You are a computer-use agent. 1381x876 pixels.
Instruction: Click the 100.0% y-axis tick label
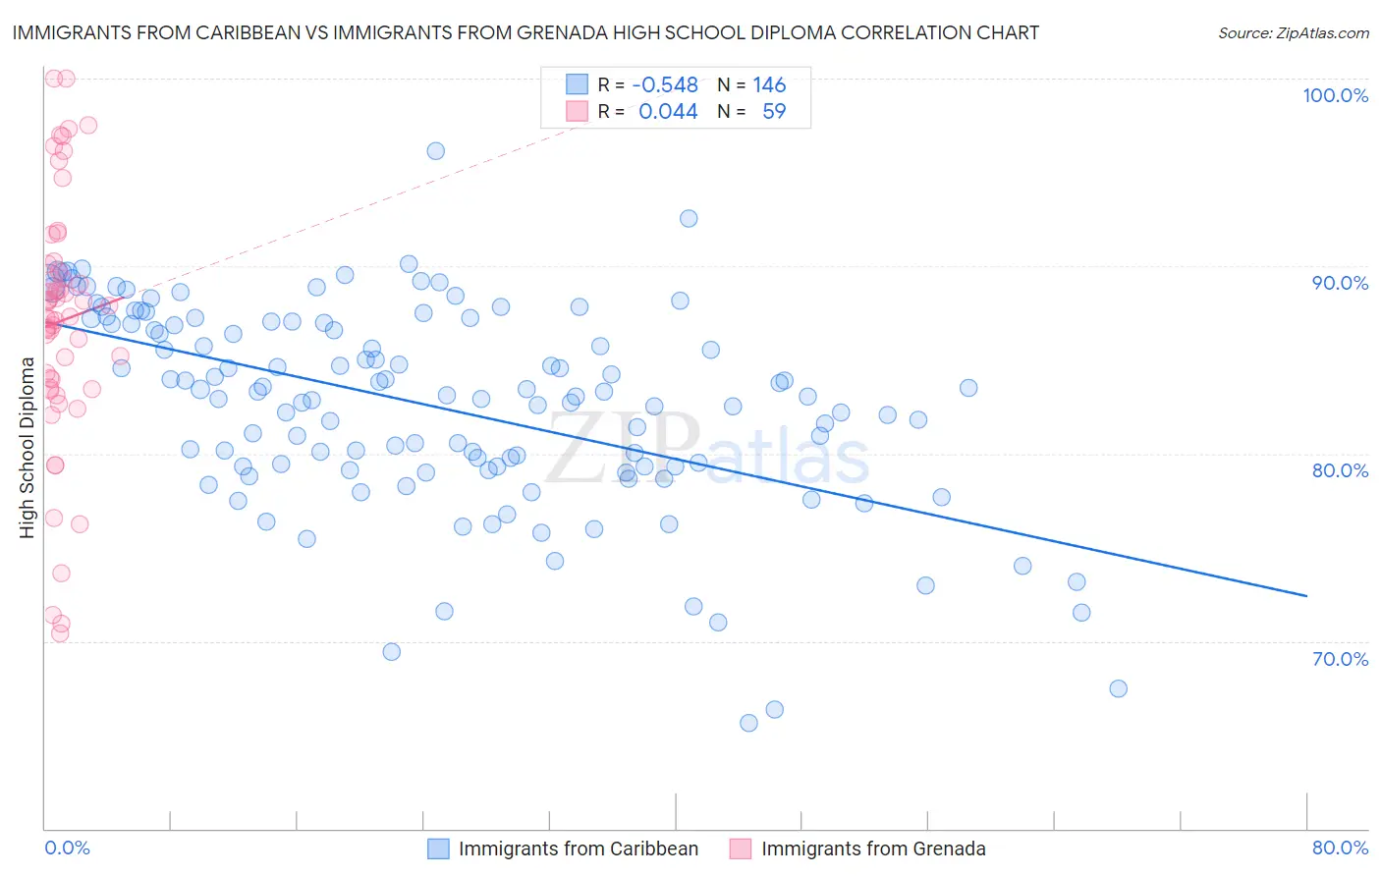[x=1335, y=95]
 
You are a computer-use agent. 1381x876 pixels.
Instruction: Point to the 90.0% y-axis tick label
[x=1340, y=283]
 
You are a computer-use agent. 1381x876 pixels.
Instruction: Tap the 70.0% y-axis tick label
[x=1340, y=659]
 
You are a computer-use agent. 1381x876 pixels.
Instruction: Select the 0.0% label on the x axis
[x=67, y=849]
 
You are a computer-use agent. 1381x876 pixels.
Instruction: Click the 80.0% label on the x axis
[x=1340, y=849]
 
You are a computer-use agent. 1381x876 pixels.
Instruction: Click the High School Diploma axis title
[x=28, y=448]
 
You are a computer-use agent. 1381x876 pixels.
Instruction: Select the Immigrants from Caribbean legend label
[x=578, y=849]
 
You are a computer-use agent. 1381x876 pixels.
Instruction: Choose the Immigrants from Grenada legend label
[x=872, y=849]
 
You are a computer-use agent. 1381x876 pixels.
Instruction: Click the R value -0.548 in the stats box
[x=665, y=85]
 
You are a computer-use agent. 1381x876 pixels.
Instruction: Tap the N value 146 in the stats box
[x=769, y=85]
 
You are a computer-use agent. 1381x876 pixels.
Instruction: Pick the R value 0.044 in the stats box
[x=668, y=112]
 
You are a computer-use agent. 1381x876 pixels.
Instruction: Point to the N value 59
[x=774, y=112]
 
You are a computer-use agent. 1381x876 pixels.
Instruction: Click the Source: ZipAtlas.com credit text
[x=1293, y=33]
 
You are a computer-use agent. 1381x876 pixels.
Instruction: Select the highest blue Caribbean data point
[x=435, y=151]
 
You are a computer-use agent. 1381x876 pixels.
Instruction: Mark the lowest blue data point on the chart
[x=748, y=723]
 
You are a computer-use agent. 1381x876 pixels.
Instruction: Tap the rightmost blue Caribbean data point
[x=1118, y=688]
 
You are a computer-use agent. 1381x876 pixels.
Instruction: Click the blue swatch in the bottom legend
[x=438, y=849]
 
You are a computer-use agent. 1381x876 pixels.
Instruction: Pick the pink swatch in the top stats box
[x=577, y=112]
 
